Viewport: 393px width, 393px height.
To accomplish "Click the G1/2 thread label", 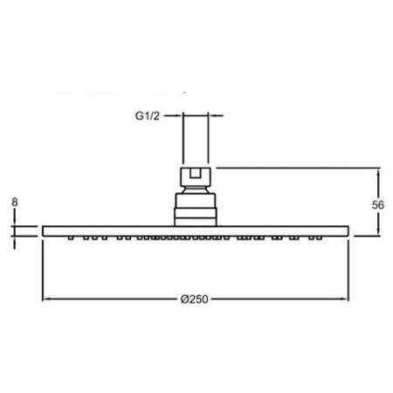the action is click(148, 116).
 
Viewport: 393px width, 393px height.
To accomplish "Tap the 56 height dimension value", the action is click(377, 205).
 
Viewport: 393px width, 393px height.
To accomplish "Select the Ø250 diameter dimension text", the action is click(194, 300).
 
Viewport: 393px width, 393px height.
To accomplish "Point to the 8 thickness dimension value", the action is click(15, 202).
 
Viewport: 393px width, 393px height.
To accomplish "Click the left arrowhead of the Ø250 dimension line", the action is click(46, 299).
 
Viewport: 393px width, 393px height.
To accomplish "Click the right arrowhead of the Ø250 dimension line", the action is click(345, 299).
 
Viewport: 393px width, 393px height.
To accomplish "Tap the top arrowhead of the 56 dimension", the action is click(378, 172).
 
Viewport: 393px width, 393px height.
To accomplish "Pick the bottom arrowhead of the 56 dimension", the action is click(378, 231).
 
